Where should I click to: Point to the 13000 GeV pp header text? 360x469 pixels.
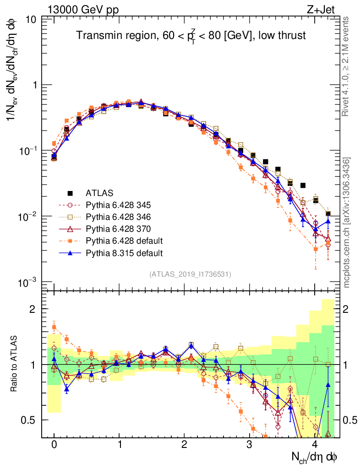82,9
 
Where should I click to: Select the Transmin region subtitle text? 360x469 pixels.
191,35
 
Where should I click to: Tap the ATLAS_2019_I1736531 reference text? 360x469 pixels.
190,274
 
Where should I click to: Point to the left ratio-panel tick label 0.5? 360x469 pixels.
30,420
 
